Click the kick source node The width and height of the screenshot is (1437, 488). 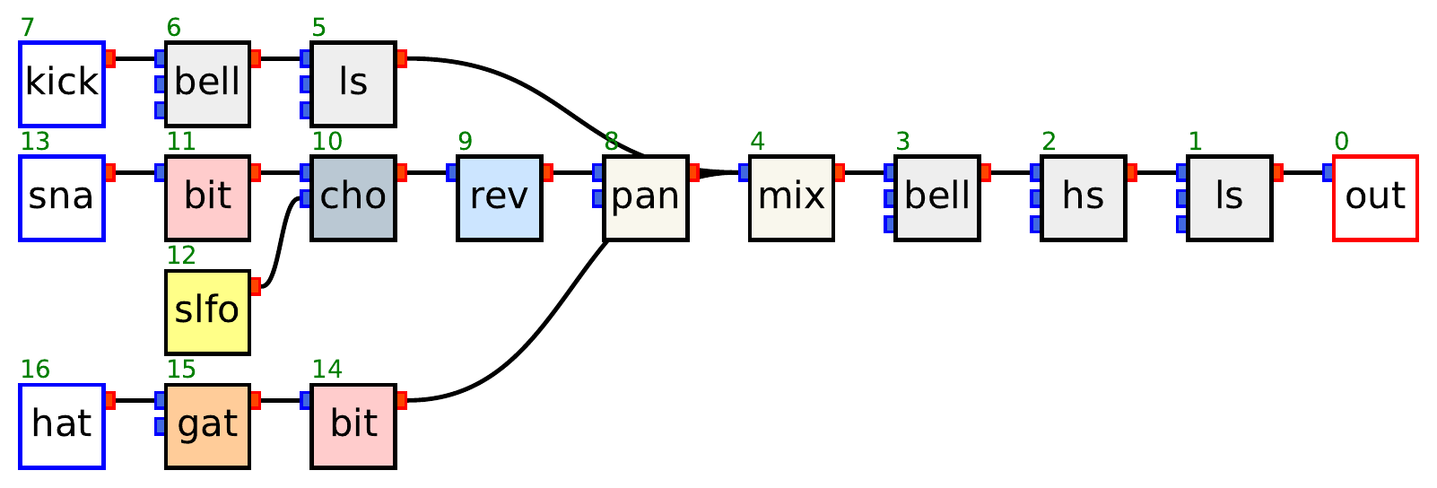pyautogui.click(x=62, y=83)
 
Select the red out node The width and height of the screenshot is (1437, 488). pyautogui.click(x=1375, y=197)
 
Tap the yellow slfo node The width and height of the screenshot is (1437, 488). pyautogui.click(x=207, y=311)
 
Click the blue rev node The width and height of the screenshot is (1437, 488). pyautogui.click(x=500, y=197)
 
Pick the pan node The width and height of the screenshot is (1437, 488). pyautogui.click(x=646, y=197)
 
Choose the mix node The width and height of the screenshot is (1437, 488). pyautogui.click(x=791, y=197)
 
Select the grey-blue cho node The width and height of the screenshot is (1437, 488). pyautogui.click(x=353, y=197)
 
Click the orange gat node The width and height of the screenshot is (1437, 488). pyautogui.click(x=207, y=426)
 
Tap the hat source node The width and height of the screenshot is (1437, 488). pyautogui.click(x=62, y=426)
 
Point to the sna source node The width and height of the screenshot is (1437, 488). pyautogui.click(x=62, y=197)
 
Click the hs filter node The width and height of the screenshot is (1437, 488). pyautogui.click(x=1084, y=197)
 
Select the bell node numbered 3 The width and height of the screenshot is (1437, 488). pyautogui.click(x=937, y=197)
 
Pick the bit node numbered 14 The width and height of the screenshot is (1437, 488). pyautogui.click(x=353, y=426)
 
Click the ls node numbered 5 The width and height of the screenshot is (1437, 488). pyautogui.click(x=353, y=83)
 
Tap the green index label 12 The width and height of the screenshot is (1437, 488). pyautogui.click(x=181, y=256)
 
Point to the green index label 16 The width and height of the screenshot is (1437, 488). pyautogui.click(x=35, y=370)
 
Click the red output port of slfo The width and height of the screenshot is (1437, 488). pyautogui.click(x=256, y=287)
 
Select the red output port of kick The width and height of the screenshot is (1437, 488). pyautogui.click(x=110, y=59)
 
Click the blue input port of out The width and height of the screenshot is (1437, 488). pyautogui.click(x=1328, y=172)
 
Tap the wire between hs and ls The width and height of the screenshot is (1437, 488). pyautogui.click(x=1157, y=172)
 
